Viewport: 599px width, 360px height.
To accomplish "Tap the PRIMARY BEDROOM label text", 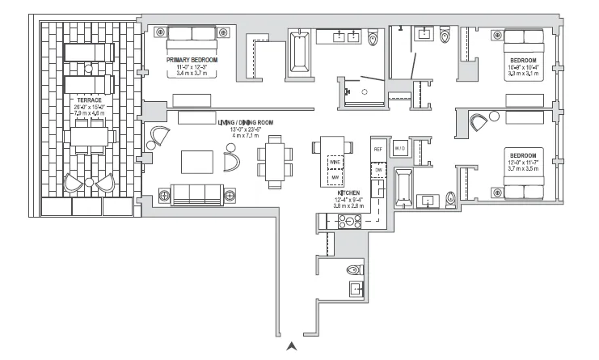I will pos(192,60).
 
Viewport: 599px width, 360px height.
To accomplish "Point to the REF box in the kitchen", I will pos(378,150).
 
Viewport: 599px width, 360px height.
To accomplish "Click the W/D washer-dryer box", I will pos(400,149).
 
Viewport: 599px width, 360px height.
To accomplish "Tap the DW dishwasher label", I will pos(377,171).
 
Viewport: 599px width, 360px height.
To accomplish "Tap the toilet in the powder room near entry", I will pos(354,269).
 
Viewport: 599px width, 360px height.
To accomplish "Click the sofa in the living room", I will pos(197,193).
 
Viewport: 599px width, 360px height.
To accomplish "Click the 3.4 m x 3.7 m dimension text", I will pos(192,74).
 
